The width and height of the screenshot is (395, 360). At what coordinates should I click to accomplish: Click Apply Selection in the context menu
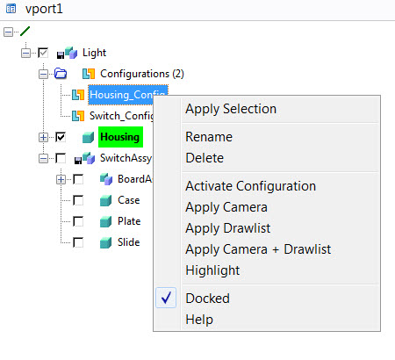pos(231,109)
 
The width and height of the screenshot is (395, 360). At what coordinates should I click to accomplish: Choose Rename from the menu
pos(209,137)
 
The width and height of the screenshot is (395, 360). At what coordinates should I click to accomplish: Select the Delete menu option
pos(205,158)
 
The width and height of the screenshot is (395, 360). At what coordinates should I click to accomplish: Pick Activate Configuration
pos(251,186)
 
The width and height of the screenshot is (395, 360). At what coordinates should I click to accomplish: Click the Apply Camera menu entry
pos(226,207)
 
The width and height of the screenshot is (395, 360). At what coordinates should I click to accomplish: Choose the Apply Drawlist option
pos(228,228)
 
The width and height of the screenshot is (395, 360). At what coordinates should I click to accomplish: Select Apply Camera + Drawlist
pos(258,249)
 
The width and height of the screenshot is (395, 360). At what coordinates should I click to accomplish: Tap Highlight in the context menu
pos(212,270)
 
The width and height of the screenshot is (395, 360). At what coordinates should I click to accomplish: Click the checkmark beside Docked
pos(166,298)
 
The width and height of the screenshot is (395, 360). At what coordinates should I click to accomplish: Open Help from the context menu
pos(199,320)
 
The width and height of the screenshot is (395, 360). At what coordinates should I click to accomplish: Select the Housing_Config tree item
pos(128,95)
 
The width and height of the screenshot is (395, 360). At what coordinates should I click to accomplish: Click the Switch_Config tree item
pos(121,116)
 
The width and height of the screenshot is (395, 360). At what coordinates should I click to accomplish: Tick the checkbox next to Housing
pos(61,137)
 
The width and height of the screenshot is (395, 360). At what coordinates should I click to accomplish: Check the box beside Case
pos(78,200)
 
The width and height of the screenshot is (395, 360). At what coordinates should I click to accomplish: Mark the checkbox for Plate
pos(78,221)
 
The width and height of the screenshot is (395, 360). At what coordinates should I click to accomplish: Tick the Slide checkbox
pos(78,242)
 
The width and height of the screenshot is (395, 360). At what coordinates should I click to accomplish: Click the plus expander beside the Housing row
pos(43,137)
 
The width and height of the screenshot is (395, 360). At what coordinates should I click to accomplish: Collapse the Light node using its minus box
pos(25,53)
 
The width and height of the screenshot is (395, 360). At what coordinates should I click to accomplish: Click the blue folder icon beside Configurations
pos(61,74)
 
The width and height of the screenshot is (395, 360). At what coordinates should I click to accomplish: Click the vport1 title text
pos(44,9)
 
